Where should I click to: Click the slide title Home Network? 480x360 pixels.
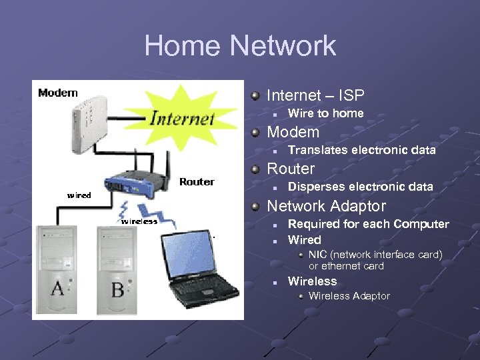pyautogui.click(x=240, y=46)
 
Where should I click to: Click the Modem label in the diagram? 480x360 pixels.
pyautogui.click(x=58, y=93)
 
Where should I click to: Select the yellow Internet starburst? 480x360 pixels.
pyautogui.click(x=181, y=117)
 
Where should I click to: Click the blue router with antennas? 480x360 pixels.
pyautogui.click(x=139, y=181)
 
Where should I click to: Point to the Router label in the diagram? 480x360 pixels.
pyautogui.click(x=197, y=182)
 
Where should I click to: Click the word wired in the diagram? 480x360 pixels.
pyautogui.click(x=79, y=195)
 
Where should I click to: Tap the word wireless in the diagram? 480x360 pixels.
pyautogui.click(x=139, y=221)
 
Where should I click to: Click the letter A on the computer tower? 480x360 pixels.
pyautogui.click(x=57, y=289)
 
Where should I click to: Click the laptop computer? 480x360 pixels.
pyautogui.click(x=200, y=270)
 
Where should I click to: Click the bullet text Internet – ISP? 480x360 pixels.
pyautogui.click(x=315, y=96)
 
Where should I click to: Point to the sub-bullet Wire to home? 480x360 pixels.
pyautogui.click(x=325, y=113)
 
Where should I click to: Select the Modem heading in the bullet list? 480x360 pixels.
pyautogui.click(x=293, y=132)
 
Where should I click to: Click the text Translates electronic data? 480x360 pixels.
pyautogui.click(x=361, y=150)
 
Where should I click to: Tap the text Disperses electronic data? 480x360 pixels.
pyautogui.click(x=360, y=187)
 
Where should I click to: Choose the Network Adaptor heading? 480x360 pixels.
pyautogui.click(x=326, y=206)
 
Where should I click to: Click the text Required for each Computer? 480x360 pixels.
pyautogui.click(x=368, y=224)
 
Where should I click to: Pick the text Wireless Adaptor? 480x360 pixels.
pyautogui.click(x=349, y=296)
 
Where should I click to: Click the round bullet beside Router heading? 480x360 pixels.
pyautogui.click(x=255, y=169)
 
